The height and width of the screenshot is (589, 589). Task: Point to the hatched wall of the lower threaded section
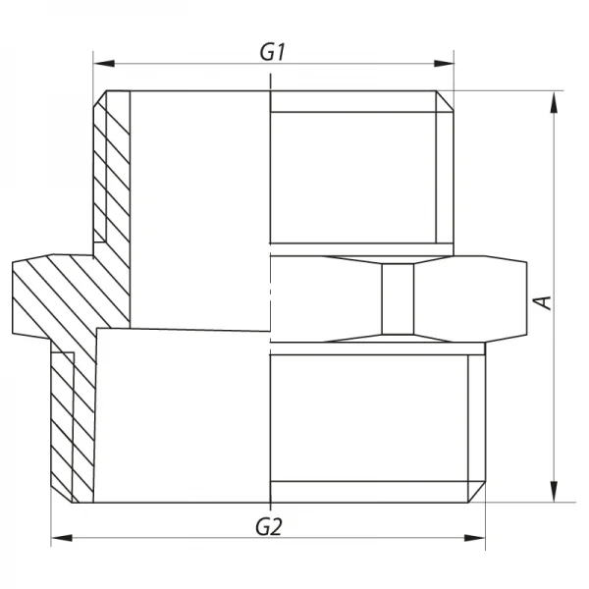coord(74,422)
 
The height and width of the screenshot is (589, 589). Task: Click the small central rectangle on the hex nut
coord(398,300)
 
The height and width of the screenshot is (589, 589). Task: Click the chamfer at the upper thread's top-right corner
coord(447,99)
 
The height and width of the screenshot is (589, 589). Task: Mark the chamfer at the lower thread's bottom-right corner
coord(478,492)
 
